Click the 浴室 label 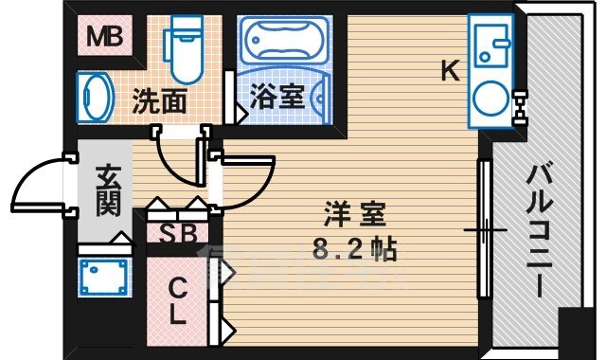(x=277, y=98)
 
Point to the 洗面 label (x=159, y=101)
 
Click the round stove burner (x=492, y=97)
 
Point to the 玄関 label (x=107, y=190)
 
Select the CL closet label (x=177, y=301)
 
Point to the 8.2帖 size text (x=349, y=251)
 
